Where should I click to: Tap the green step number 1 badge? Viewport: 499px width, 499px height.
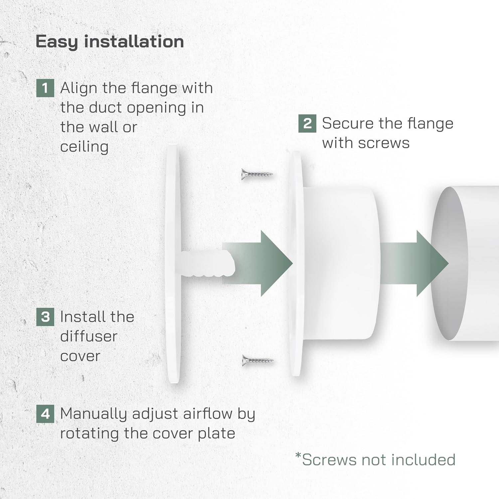click(x=45, y=88)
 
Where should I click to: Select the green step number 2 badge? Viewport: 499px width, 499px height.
click(x=307, y=123)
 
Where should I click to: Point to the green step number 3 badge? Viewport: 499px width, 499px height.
click(x=45, y=317)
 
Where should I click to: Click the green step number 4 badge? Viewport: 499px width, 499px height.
click(x=45, y=414)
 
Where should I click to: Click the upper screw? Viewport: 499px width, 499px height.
click(x=257, y=174)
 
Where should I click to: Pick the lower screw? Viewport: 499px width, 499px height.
click(x=257, y=360)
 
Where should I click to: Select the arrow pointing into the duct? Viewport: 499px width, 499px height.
click(x=419, y=263)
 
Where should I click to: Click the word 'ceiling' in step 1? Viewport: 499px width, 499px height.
click(x=84, y=147)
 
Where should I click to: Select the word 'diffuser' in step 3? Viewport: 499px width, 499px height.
click(x=88, y=336)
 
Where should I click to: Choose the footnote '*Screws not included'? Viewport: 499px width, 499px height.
click(x=375, y=460)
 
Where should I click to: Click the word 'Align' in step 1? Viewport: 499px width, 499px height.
click(x=79, y=88)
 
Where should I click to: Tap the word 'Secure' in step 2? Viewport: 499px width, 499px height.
click(x=348, y=123)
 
